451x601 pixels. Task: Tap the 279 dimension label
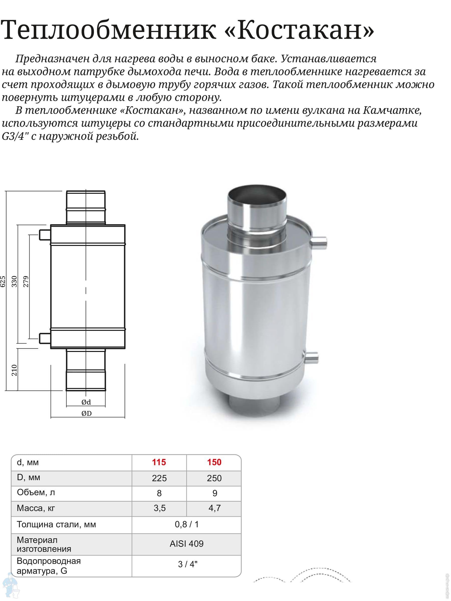tap(26, 281)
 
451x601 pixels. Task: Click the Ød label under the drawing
tap(86, 402)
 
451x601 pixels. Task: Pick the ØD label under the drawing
tap(86, 413)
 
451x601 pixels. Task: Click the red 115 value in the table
tap(159, 462)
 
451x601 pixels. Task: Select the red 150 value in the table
tap(214, 462)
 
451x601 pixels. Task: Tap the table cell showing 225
tap(159, 478)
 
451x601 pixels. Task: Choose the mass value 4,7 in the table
tap(214, 508)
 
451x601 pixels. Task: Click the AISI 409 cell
tap(186, 543)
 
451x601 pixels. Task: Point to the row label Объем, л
tap(36, 492)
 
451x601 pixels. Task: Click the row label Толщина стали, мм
tap(56, 524)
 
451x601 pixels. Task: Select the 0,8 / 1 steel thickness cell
tap(186, 524)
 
